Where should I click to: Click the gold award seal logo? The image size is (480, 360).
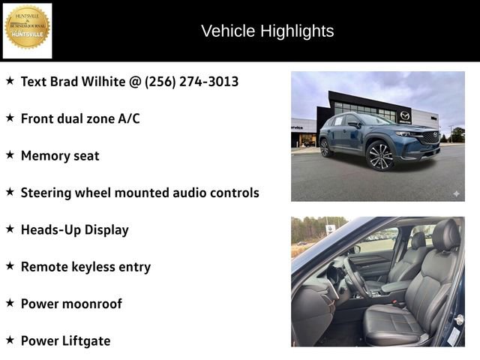pos(28,28)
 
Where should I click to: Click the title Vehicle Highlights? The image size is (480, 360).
pos(267,31)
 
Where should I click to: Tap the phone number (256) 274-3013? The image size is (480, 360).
pos(191,81)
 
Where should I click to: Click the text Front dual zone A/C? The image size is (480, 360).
pos(80,118)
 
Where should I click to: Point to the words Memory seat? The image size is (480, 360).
pos(60,155)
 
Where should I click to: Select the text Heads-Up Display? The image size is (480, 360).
pos(75,229)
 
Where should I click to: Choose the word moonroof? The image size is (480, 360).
pos(94,304)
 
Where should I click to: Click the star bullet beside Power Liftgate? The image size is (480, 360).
pos(10,340)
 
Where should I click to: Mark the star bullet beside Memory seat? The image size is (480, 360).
pos(10,154)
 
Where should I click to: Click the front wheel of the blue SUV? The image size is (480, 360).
pos(379,156)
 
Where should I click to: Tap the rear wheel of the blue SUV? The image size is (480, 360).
pos(325,148)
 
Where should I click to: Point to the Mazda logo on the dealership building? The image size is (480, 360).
pos(405,115)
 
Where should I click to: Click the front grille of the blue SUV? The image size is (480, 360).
pos(430,138)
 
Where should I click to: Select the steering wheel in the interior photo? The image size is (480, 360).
pos(353,278)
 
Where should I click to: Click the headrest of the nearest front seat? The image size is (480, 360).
pos(445,235)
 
